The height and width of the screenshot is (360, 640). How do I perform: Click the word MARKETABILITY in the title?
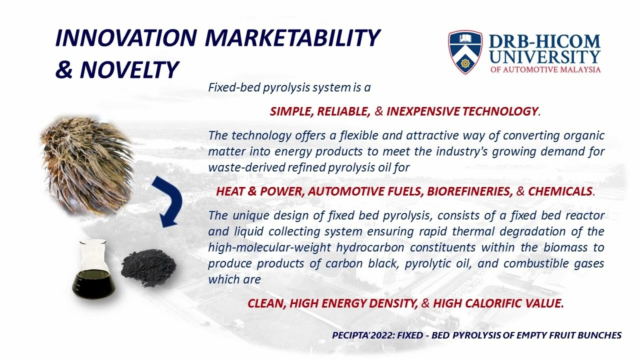[x=292, y=38]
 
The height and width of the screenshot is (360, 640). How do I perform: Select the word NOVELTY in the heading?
[x=129, y=70]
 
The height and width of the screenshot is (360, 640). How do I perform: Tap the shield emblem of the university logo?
[x=465, y=52]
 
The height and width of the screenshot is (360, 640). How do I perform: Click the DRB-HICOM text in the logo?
[x=544, y=41]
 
